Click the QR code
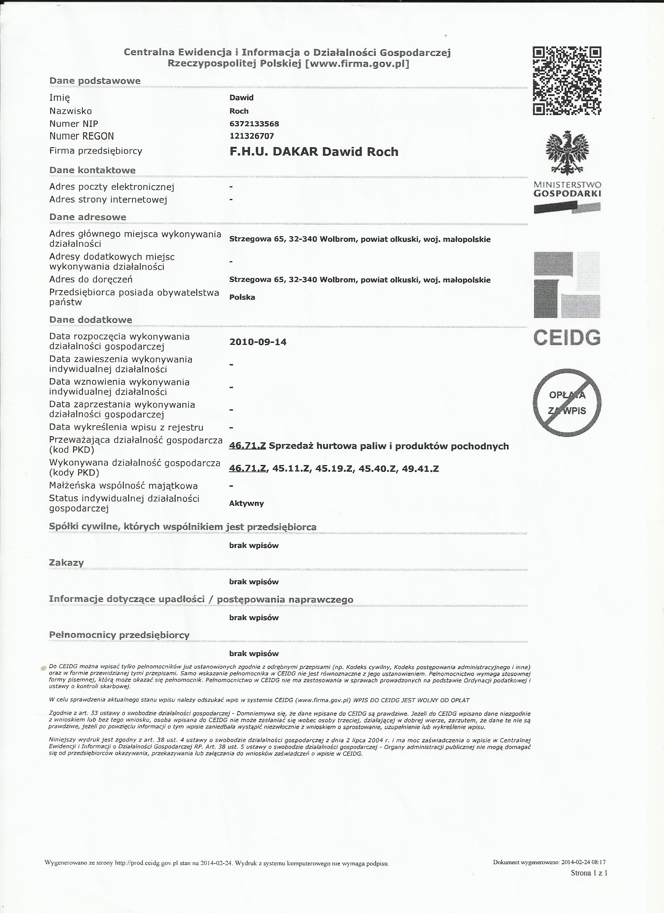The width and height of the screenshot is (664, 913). [567, 80]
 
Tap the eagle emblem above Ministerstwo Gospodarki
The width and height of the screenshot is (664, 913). [567, 153]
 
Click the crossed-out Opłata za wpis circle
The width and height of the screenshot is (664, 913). [567, 403]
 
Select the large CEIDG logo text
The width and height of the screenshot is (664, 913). [567, 337]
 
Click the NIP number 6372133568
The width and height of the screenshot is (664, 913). [254, 123]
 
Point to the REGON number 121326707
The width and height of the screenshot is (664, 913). [252, 136]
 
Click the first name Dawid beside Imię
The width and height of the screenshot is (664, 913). [241, 97]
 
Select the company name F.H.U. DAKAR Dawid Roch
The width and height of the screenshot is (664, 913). [314, 152]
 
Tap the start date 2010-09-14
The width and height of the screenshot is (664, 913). [258, 342]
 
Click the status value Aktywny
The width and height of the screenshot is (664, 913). [246, 503]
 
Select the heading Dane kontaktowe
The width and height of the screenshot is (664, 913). [92, 170]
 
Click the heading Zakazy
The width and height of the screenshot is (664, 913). [66, 562]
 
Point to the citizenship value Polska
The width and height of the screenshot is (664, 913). [242, 298]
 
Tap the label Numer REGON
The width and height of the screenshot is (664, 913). [81, 136]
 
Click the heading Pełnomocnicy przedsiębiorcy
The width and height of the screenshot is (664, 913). [119, 635]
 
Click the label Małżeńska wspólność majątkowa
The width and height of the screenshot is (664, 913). [123, 485]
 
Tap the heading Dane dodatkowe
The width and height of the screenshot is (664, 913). [91, 320]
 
